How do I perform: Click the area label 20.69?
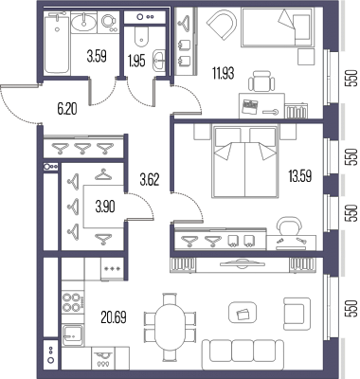click(114, 317)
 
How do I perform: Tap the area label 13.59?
click(300, 176)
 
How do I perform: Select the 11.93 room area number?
click(224, 74)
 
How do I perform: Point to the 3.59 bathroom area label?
click(97, 57)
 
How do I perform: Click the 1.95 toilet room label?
click(136, 62)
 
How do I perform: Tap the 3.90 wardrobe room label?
click(105, 207)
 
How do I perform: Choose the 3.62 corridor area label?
click(150, 181)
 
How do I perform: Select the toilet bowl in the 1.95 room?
click(141, 36)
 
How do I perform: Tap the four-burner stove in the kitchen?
click(73, 302)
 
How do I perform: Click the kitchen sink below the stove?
click(73, 335)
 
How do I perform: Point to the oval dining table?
click(171, 328)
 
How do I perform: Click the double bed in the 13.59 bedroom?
click(245, 162)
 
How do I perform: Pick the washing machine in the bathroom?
click(109, 23)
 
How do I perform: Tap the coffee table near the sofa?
click(243, 313)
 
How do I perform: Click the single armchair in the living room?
click(297, 314)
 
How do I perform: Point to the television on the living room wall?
click(243, 264)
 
